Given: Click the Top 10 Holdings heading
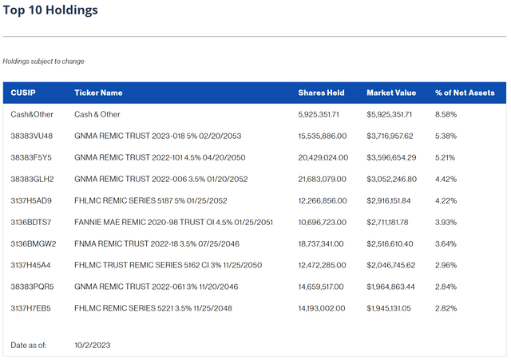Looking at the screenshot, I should pyautogui.click(x=50, y=11).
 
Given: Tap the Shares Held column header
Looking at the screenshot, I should pyautogui.click(x=321, y=93).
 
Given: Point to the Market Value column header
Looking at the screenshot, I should pyautogui.click(x=393, y=93).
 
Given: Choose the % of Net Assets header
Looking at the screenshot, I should pyautogui.click(x=465, y=93).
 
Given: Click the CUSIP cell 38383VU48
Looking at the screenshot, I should pyautogui.click(x=31, y=136).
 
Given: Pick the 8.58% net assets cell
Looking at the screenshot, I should pyautogui.click(x=446, y=114).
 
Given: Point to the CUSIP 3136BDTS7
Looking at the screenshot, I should pyautogui.click(x=31, y=221).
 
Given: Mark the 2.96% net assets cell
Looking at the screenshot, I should pyautogui.click(x=446, y=264).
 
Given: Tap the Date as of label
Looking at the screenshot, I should pyautogui.click(x=30, y=345).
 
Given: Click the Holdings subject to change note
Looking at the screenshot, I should pyautogui.click(x=43, y=61).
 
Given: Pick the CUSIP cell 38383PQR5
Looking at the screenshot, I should pyautogui.click(x=31, y=286).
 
